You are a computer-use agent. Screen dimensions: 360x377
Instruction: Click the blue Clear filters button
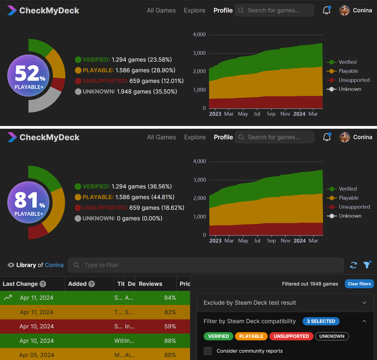click(359, 284)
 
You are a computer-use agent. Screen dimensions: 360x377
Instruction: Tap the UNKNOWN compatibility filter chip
click(332, 336)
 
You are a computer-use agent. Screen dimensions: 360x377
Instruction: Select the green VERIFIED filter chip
click(218, 336)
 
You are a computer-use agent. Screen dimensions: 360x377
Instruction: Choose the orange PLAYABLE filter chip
click(251, 336)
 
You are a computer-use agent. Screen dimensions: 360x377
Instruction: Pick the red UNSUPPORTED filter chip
click(291, 336)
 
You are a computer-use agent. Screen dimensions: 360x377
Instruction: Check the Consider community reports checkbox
click(208, 351)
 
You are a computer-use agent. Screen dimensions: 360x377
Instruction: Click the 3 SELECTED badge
click(321, 321)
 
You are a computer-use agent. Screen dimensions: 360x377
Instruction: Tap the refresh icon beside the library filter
click(354, 265)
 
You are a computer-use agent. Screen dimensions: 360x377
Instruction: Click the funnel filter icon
click(367, 265)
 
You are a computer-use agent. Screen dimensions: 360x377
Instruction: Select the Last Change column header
click(20, 284)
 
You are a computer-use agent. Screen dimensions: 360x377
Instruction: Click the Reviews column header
click(150, 284)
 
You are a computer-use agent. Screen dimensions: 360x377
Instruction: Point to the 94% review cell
click(170, 298)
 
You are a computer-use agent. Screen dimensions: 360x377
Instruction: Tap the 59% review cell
click(170, 326)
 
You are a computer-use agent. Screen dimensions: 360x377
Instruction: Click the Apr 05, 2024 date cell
click(37, 355)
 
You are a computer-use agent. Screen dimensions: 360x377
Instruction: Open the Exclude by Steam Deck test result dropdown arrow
click(364, 303)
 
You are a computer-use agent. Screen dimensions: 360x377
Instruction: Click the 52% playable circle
click(28, 76)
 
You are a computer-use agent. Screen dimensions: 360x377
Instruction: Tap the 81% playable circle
click(28, 202)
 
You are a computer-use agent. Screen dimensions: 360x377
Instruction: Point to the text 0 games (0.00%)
click(140, 218)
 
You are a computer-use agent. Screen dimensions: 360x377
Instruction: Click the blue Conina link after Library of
click(54, 265)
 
